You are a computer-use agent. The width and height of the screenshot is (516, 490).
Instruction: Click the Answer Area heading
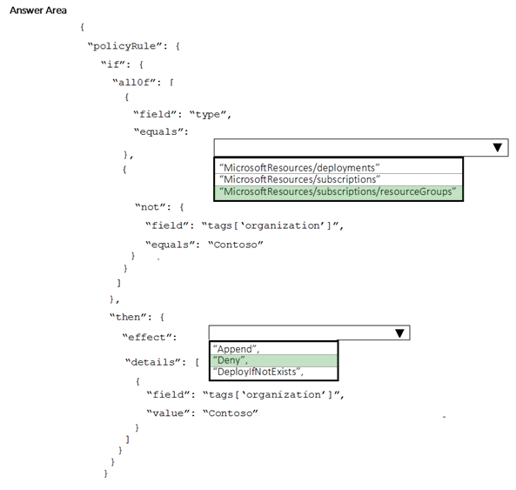tap(38, 10)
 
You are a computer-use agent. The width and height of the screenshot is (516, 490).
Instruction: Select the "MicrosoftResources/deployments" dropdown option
tap(299, 167)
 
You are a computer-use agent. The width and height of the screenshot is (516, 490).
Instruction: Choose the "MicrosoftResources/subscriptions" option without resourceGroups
tap(300, 179)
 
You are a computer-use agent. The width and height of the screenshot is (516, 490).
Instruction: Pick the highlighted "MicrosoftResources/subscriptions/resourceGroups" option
tap(338, 191)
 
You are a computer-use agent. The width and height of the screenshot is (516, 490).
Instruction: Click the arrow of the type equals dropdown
tap(498, 147)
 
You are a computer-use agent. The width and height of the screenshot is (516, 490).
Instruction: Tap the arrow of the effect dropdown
tap(399, 333)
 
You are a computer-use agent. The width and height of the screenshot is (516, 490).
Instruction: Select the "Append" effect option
tap(237, 349)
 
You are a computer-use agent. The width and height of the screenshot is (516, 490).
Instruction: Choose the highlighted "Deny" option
tap(231, 360)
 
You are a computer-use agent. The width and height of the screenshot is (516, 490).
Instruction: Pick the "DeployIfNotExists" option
tap(258, 372)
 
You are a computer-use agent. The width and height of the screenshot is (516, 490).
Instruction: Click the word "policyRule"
tap(124, 46)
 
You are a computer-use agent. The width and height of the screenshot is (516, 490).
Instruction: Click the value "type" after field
tap(208, 115)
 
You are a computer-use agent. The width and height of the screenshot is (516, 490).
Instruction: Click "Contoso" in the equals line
tap(236, 245)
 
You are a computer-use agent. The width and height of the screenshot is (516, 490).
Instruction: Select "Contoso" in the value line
tap(231, 413)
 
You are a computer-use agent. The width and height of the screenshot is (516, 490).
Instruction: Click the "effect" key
tap(147, 338)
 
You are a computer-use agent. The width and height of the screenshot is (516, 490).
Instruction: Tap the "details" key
tap(152, 362)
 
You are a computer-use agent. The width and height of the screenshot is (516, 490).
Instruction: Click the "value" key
tap(168, 413)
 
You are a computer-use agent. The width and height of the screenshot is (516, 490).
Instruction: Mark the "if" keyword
tap(113, 64)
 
